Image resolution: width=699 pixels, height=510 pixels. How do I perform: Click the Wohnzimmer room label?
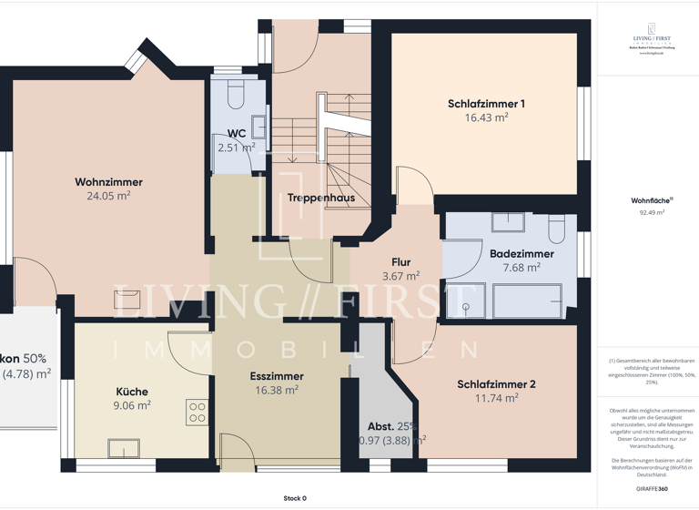(108, 182)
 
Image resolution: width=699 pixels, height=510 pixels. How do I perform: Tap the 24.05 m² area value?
(108, 196)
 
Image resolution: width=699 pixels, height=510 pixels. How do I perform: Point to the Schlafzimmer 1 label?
(486, 104)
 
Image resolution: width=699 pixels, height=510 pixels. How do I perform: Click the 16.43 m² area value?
(486, 117)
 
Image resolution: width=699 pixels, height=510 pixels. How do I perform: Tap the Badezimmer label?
(521, 254)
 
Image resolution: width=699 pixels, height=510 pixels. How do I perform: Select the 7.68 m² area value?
(521, 268)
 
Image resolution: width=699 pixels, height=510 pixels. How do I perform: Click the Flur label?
(400, 262)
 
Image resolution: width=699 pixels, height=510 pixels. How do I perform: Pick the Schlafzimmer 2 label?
(496, 384)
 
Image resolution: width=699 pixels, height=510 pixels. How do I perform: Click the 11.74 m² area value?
(496, 398)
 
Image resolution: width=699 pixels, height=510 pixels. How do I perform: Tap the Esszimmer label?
(277, 376)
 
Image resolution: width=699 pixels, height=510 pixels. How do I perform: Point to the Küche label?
(131, 392)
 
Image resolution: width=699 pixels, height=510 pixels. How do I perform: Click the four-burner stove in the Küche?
(197, 412)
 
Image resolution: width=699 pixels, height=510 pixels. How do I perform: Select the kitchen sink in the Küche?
(123, 448)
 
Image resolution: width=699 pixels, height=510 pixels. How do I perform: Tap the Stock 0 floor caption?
(294, 498)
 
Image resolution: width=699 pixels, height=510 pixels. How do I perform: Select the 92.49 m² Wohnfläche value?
(652, 212)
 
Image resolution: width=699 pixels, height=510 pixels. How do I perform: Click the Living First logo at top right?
(652, 39)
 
